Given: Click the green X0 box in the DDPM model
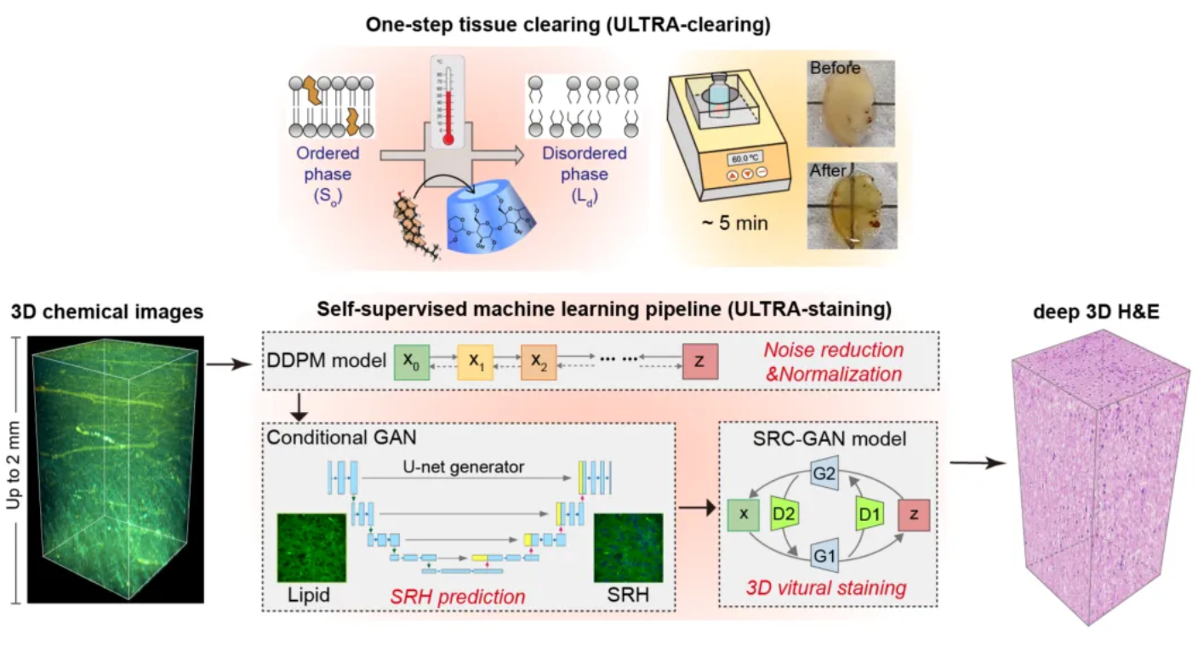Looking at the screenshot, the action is tap(411, 363).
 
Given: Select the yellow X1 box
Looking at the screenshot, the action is tap(475, 363).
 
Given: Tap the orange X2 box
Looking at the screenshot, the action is tap(539, 363).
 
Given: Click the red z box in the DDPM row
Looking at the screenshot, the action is tap(700, 363).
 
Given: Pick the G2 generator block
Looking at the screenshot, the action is tap(824, 473).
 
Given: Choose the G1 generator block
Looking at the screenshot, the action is tap(824, 556).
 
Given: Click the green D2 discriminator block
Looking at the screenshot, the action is tap(784, 513).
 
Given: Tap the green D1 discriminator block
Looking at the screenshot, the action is tap(869, 513).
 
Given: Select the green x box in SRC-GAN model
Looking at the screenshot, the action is tap(744, 514).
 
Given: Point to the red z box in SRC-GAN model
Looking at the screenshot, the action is tap(914, 514).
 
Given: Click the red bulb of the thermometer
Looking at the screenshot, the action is tap(448, 140).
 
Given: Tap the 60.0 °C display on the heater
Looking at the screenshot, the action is tap(745, 158).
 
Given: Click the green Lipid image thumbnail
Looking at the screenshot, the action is tap(311, 547).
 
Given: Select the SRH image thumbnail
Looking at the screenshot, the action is tap(629, 547).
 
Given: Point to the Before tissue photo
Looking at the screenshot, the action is tap(851, 103).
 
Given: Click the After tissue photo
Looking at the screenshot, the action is tap(852, 206).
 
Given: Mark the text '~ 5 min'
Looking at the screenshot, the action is tap(735, 223).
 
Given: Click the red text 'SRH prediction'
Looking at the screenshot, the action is tap(458, 597).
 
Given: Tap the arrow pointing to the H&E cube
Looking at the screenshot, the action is tap(978, 462).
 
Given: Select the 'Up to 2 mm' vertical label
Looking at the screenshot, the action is tap(13, 465).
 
